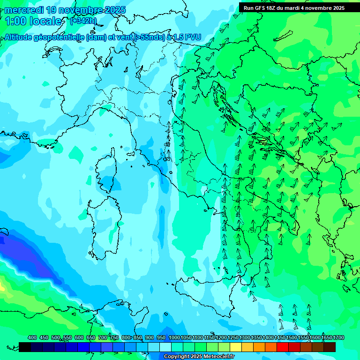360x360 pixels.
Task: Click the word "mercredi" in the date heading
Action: point(23,9)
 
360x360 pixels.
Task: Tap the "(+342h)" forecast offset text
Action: point(83,21)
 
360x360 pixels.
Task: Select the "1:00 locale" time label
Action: point(33,21)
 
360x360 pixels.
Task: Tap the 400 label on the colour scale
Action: point(32,337)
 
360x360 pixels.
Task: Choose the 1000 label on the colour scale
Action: point(174,337)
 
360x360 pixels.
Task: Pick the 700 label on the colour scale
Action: point(103,337)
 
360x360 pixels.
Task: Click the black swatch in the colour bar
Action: point(25,347)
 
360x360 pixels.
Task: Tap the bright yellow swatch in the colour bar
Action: point(236,347)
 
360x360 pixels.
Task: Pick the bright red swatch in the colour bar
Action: point(283,347)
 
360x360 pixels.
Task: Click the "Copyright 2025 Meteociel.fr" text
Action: point(199,357)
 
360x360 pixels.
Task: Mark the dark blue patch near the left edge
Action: point(23,255)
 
